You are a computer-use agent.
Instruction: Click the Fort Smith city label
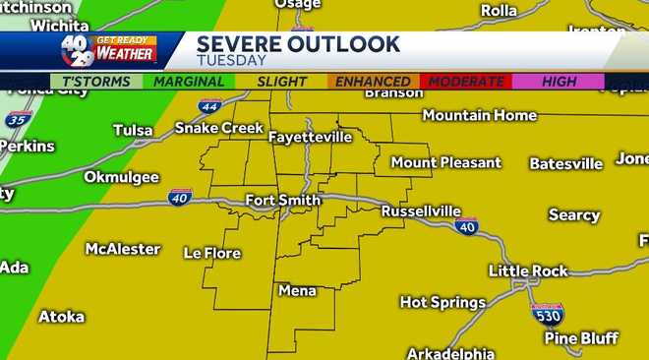coord(282,201)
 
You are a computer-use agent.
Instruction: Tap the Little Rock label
coord(531,270)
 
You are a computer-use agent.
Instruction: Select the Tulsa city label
coord(133,130)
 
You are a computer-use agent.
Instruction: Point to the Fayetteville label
coord(310,136)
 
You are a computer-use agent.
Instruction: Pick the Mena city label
coord(297,290)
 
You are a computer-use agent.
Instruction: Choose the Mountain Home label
coord(481,115)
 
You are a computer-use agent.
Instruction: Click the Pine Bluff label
coord(581,337)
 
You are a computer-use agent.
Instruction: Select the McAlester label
coord(123,249)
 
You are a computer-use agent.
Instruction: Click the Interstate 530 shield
coord(547,314)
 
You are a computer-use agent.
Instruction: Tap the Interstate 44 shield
coord(208,106)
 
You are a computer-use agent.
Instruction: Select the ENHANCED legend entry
coord(373,82)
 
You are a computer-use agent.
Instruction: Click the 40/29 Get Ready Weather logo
coord(108,49)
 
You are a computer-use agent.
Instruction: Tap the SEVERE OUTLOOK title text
coord(298,44)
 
